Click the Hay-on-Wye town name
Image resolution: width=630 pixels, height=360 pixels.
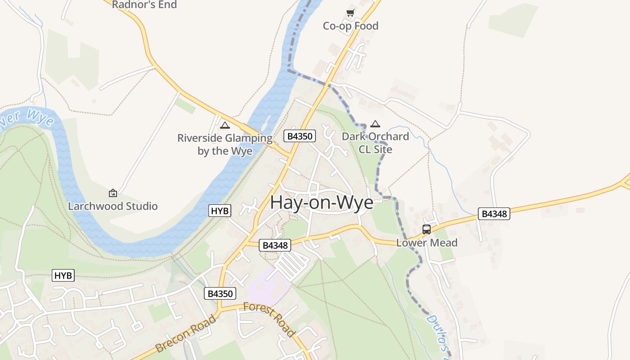coord(322,203)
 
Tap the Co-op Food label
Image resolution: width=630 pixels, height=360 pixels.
coord(351,26)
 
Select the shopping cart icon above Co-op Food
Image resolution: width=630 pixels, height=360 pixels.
coord(351,13)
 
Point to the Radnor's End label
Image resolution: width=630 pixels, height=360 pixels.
coord(144,4)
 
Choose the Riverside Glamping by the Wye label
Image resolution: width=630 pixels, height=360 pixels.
coord(225,144)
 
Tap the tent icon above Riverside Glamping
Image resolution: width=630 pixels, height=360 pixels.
coord(225,125)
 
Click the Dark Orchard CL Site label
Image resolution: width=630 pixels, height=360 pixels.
coord(375,143)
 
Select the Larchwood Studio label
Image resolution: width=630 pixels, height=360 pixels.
coord(112,207)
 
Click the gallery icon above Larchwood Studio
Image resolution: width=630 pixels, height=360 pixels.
coord(113,193)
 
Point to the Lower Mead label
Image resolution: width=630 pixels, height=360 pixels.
coord(427,243)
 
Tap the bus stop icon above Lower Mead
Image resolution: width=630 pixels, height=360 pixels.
coord(427,229)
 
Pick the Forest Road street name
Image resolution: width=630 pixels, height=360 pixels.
coord(269,320)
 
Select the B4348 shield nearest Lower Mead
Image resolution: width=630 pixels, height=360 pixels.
coord(494,214)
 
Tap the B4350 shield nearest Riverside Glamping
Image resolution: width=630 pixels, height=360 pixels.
coord(300,136)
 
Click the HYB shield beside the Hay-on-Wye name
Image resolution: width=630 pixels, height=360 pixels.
coord(220,211)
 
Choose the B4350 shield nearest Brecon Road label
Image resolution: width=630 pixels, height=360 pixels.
coord(220,294)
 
